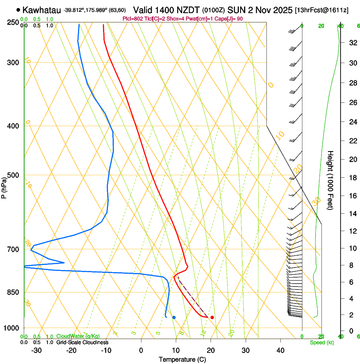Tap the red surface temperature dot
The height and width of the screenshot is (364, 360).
(212, 317)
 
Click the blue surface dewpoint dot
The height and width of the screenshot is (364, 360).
(174, 317)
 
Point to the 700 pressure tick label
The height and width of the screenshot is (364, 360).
(13, 249)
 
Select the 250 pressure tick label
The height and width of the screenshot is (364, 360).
(13, 22)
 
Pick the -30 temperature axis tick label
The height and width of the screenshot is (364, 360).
(37, 350)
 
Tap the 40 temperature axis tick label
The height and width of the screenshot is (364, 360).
(280, 350)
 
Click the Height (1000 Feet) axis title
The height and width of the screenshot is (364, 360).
(331, 180)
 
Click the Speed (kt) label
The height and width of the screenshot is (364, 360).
(322, 342)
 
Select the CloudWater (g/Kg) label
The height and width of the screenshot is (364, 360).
(78, 336)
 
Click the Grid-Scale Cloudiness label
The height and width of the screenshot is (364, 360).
(82, 342)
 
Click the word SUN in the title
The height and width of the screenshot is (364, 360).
(235, 10)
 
